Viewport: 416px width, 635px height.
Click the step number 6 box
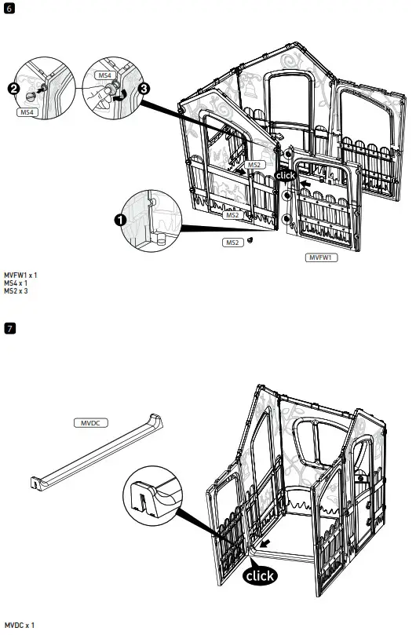tap(9, 9)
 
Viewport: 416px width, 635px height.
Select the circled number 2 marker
tap(15, 89)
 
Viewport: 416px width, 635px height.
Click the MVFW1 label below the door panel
tap(321, 257)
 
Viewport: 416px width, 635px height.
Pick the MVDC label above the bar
tap(90, 422)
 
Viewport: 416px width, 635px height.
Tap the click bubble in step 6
tap(286, 176)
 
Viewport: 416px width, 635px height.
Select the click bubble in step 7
tap(259, 576)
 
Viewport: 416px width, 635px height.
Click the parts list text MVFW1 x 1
tap(20, 276)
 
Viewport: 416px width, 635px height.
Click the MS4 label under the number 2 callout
tap(27, 113)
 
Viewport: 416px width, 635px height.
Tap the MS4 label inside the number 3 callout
tap(104, 75)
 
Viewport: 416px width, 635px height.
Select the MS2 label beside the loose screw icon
tap(232, 243)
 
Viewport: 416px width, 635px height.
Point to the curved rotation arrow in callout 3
tap(131, 96)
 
